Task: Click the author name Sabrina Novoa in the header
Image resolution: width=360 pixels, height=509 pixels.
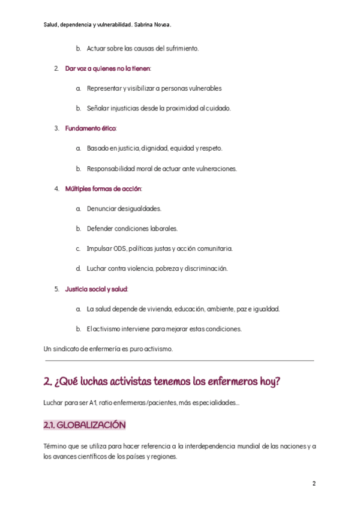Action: click(153, 25)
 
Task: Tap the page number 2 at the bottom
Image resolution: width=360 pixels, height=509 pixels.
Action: click(314, 484)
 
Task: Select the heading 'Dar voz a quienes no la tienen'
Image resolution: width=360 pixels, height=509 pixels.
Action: click(107, 68)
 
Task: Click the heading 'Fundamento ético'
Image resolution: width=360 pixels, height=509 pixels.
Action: click(90, 128)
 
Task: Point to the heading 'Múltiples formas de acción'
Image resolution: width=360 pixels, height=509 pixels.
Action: click(103, 188)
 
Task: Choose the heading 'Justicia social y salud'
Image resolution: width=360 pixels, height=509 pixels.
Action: click(96, 289)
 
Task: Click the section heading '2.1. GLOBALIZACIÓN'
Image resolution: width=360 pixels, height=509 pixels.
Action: click(85, 425)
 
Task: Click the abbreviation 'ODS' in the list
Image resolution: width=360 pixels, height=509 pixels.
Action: click(119, 248)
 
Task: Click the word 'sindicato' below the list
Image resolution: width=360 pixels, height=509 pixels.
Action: click(71, 349)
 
